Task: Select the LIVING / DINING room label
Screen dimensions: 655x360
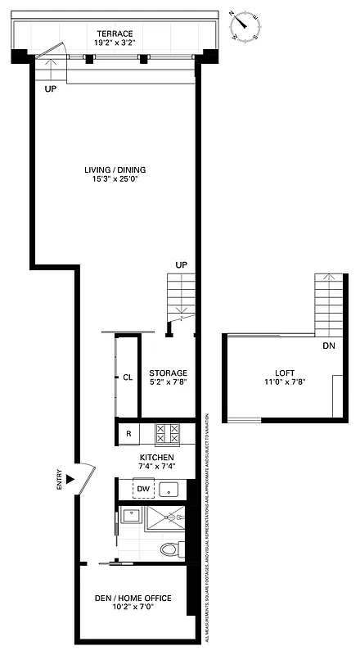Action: pyautogui.click(x=115, y=169)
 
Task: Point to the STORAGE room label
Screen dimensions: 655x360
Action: pyautogui.click(x=168, y=373)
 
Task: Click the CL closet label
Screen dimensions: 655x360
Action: pyautogui.click(x=128, y=377)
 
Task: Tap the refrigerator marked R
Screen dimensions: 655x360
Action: pyautogui.click(x=128, y=432)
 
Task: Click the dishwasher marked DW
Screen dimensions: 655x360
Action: pyautogui.click(x=143, y=489)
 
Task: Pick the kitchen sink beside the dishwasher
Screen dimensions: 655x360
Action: pyautogui.click(x=169, y=489)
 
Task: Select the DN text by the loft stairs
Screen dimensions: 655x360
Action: pyautogui.click(x=328, y=346)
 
